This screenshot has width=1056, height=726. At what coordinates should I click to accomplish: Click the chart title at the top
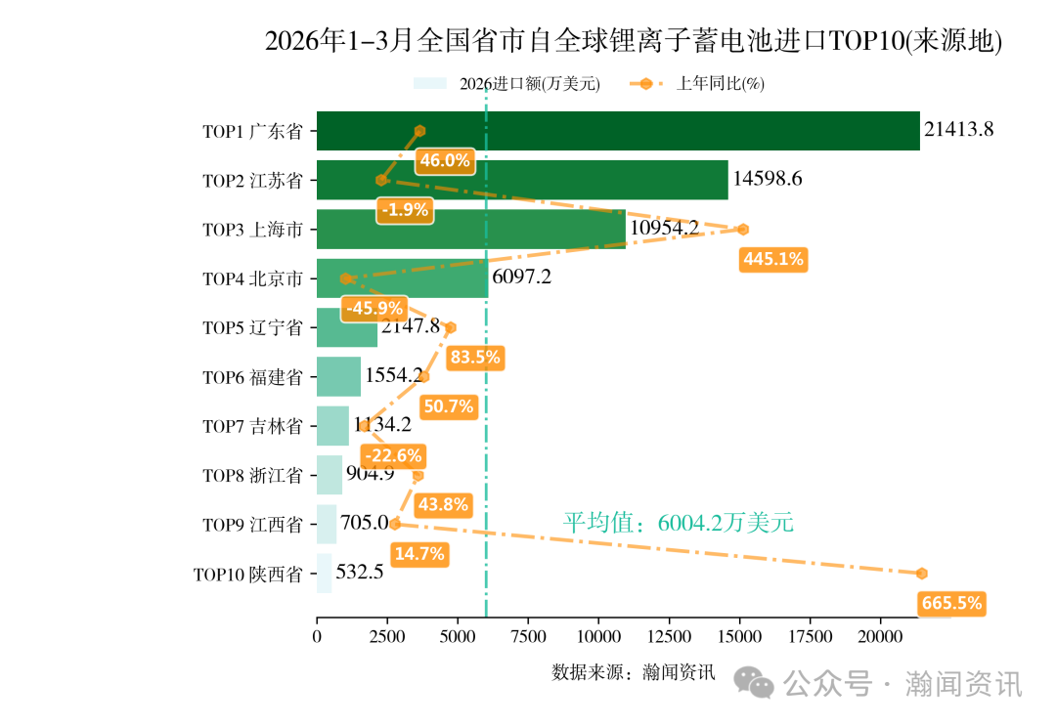[634, 41]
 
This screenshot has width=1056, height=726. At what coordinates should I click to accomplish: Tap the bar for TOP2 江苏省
[522, 180]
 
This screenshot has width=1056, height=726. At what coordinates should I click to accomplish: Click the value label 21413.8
[959, 129]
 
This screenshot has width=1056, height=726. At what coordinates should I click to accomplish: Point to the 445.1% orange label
[773, 259]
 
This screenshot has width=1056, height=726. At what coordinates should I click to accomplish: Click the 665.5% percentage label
[951, 603]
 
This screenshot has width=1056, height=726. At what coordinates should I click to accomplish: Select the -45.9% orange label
[374, 308]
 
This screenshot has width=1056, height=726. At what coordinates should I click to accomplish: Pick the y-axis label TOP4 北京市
[252, 278]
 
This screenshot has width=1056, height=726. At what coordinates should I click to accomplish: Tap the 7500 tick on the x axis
[528, 637]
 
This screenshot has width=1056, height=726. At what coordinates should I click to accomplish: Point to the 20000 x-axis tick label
[880, 637]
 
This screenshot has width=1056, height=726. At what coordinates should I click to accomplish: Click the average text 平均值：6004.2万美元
[678, 523]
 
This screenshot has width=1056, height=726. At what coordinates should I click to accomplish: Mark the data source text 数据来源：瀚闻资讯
[634, 672]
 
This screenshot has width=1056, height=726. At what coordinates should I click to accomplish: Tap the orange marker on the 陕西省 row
[921, 574]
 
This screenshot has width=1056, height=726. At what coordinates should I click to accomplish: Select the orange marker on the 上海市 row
[743, 230]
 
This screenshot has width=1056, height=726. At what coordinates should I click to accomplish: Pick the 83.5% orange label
[474, 358]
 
